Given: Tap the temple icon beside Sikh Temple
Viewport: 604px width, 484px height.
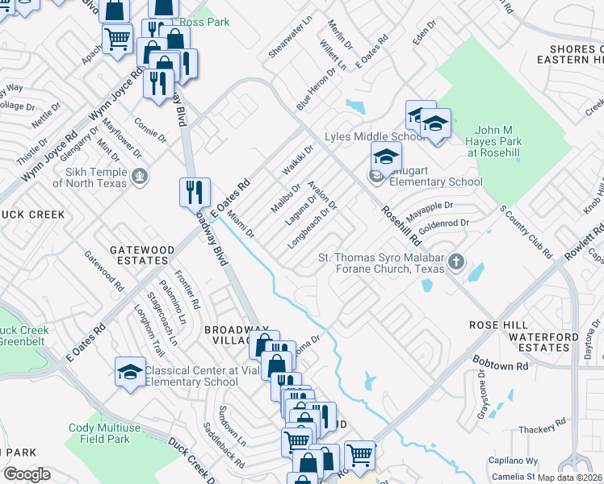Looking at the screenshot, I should pos(141,173).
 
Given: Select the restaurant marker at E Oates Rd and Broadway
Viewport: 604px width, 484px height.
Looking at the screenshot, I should pos(195,193).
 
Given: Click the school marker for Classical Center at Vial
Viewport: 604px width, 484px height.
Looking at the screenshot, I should pos(130,372).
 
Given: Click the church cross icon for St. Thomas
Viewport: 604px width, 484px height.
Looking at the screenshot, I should pos(456,261).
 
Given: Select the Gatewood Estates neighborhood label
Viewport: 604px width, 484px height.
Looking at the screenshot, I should pos(132,256).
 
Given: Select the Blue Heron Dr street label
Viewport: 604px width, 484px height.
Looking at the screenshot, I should pos(314,89).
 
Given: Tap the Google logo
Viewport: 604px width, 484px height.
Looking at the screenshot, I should pos(27,474).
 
